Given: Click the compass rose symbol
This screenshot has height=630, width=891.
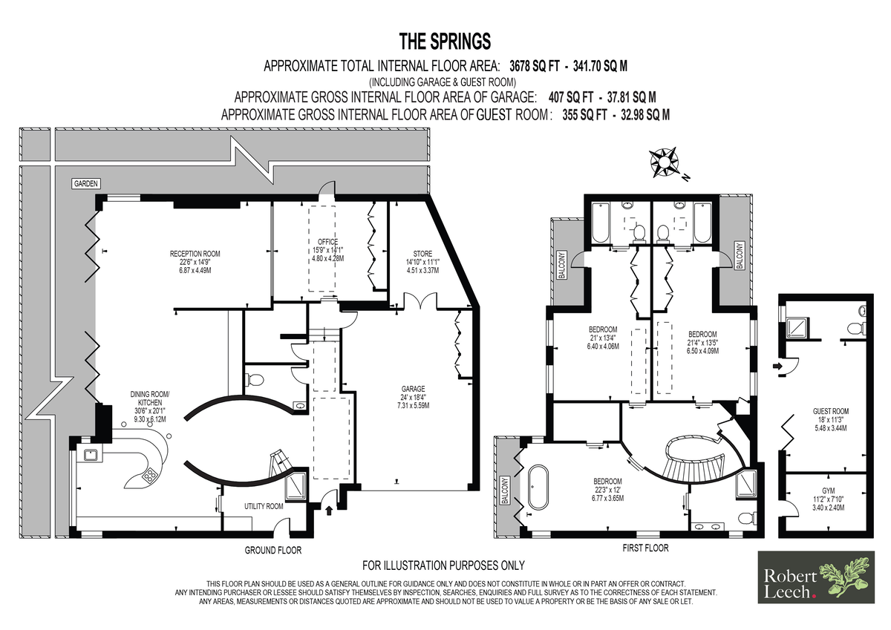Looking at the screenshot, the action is click(664, 163).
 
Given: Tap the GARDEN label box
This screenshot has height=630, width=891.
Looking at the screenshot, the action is click(86, 183).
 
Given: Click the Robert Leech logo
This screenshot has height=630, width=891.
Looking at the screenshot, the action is click(816, 577).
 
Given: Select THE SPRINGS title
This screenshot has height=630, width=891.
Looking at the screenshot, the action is click(445, 42).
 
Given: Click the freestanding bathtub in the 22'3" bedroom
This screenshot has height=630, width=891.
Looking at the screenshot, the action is click(538, 487).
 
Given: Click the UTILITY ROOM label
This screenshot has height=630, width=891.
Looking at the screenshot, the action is click(264, 506).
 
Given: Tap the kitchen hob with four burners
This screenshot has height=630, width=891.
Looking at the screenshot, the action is click(150, 474).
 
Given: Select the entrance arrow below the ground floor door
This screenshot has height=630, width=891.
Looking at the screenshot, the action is click(329, 511).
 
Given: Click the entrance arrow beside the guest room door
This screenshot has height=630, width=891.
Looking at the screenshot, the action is click(777, 366).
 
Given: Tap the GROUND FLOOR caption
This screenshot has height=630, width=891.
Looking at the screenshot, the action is click(273, 550).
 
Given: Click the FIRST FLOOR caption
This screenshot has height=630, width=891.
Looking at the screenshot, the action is click(645, 548).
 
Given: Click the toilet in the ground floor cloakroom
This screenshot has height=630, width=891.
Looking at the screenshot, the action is click(255, 381).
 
